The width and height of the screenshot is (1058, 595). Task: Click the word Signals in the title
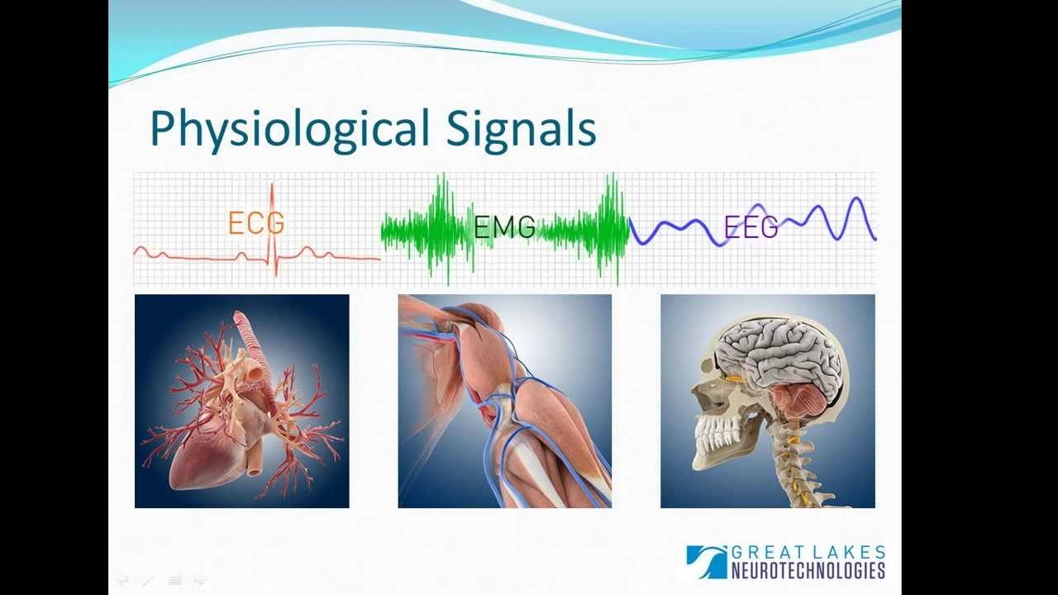point(521,130)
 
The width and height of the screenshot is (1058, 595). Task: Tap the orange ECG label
point(255,224)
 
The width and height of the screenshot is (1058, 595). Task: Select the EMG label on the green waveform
point(504,228)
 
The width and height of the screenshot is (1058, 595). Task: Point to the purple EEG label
point(751,228)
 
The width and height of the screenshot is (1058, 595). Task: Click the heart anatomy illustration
point(241,401)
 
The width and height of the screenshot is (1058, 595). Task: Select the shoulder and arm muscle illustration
point(504,401)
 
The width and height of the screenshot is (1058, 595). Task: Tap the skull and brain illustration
point(767,401)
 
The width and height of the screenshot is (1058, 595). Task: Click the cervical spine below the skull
point(793,463)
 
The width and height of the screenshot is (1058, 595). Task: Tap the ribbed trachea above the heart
point(252,339)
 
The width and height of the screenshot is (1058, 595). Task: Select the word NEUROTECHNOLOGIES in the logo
point(808,570)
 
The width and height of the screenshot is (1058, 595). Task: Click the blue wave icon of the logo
point(706,562)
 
